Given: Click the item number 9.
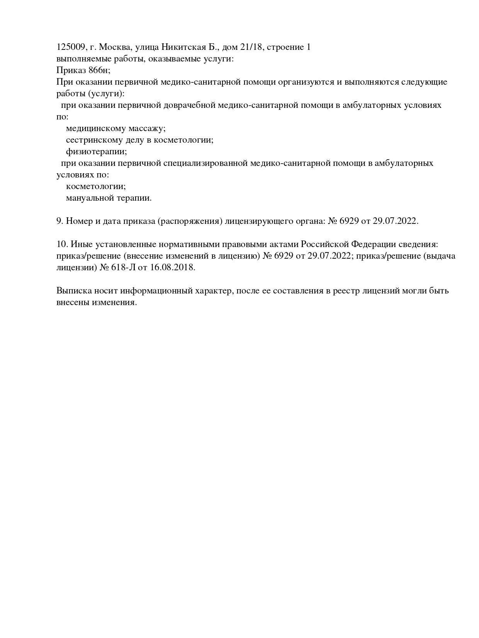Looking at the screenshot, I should pos(59,221).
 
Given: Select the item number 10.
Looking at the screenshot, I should pos(62,244).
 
